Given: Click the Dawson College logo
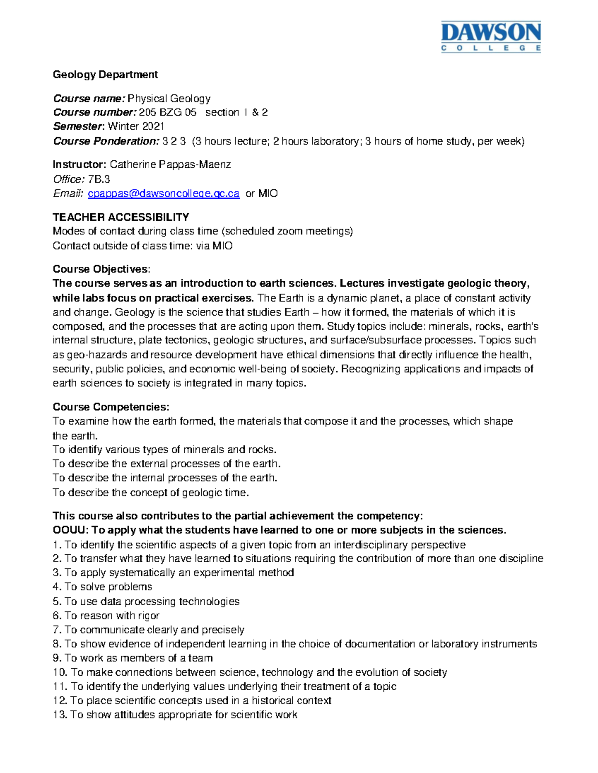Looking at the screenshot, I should click(490, 36).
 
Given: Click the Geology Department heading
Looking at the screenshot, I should click(105, 75).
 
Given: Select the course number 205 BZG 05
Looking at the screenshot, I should click(167, 112).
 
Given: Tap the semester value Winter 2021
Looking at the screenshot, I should click(136, 126).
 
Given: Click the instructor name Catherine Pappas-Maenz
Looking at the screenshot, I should click(170, 164).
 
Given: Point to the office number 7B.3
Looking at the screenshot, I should click(99, 179).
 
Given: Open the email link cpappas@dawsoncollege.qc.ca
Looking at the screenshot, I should click(163, 193).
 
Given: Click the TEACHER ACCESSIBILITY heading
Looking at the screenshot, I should click(121, 217).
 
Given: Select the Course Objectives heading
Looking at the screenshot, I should click(102, 269).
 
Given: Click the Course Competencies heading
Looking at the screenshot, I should click(111, 407).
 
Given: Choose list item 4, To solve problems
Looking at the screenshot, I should click(103, 587).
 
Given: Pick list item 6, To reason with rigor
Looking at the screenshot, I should click(106, 616).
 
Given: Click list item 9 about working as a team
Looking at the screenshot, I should click(133, 658).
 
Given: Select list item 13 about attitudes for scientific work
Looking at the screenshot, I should click(175, 715).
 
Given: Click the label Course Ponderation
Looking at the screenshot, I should click(106, 141).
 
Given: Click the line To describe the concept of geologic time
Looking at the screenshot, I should click(150, 493).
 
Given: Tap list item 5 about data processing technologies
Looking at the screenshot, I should click(146, 601).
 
